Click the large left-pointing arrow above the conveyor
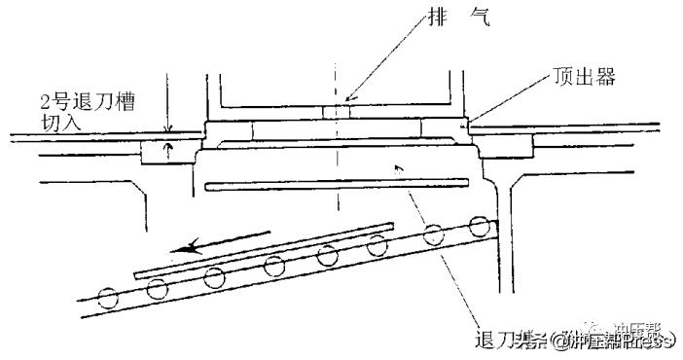coord(229,244)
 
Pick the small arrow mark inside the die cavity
coord(398,168)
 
